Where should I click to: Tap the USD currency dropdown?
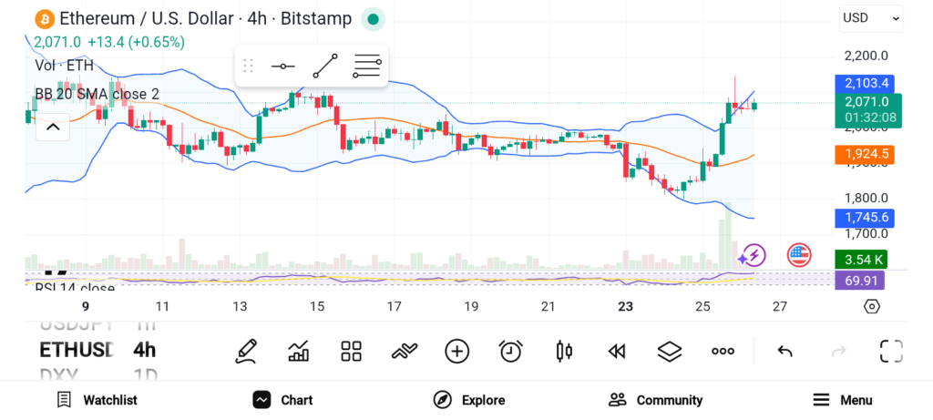coord(870,18)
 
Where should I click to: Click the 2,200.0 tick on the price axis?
coord(866,56)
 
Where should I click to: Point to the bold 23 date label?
coord(625,307)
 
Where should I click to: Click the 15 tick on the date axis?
coord(317,307)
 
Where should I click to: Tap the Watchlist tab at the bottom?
coord(97,400)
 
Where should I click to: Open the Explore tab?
coord(469,400)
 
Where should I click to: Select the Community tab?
coord(656,400)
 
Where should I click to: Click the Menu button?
coord(843,400)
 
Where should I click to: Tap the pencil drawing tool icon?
coord(245,351)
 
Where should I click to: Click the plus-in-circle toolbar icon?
coord(456,351)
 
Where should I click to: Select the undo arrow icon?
coord(784,351)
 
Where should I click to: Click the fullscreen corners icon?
coord(890,351)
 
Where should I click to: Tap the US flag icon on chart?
coord(799,255)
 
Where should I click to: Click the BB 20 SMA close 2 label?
coord(97,94)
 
